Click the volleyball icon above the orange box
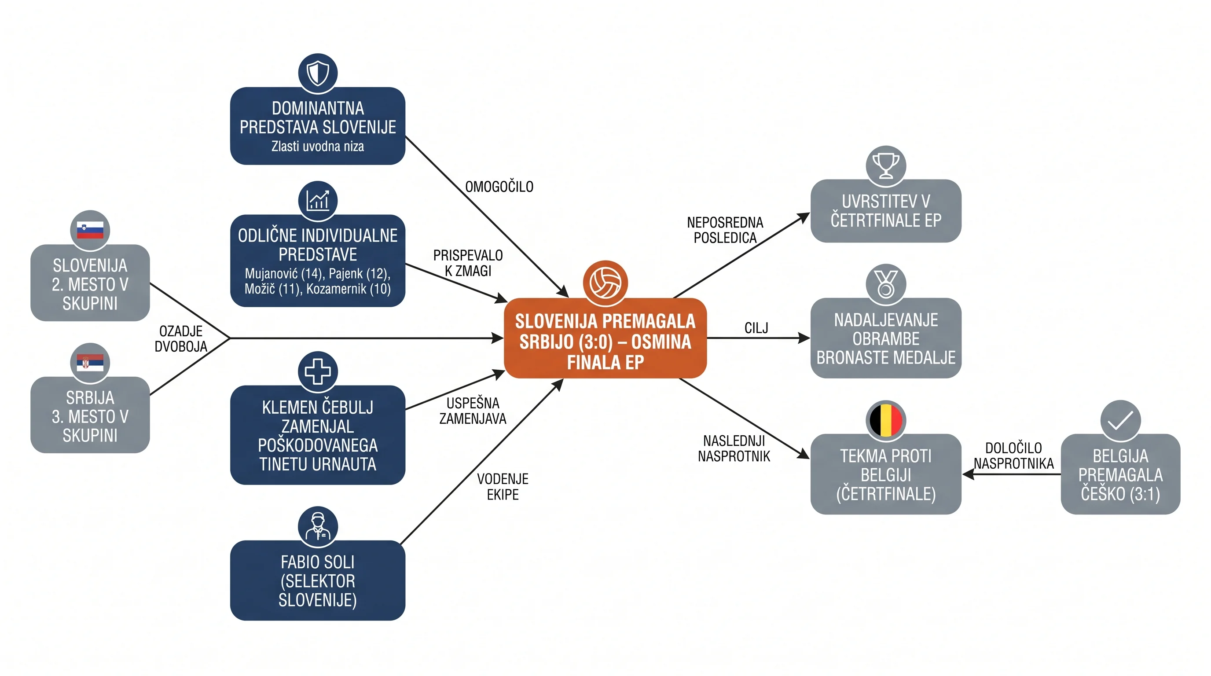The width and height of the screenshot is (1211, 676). point(605,283)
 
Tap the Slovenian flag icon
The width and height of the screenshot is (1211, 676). point(90,230)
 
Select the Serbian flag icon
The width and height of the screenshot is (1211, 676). point(90,363)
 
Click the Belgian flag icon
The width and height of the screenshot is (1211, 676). point(886,420)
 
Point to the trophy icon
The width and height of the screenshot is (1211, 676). point(886,165)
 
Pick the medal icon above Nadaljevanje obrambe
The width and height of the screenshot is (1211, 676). point(886,284)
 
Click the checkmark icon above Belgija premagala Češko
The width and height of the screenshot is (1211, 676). point(1120,420)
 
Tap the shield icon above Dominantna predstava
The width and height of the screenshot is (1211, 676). point(318,73)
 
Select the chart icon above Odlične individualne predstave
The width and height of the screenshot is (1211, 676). point(318,201)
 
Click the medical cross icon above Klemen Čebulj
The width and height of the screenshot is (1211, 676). point(318,371)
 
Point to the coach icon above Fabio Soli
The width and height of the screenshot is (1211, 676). point(318,526)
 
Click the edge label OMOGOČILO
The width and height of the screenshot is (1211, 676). point(499,187)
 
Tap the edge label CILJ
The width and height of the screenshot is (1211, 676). point(756,328)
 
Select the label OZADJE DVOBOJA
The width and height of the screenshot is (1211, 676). point(181,338)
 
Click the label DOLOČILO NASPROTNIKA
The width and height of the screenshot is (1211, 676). point(1013,456)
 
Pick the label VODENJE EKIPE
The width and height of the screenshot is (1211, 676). point(503,487)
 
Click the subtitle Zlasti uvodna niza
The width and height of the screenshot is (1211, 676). point(318,146)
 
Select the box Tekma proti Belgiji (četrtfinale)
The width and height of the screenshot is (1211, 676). point(886,474)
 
